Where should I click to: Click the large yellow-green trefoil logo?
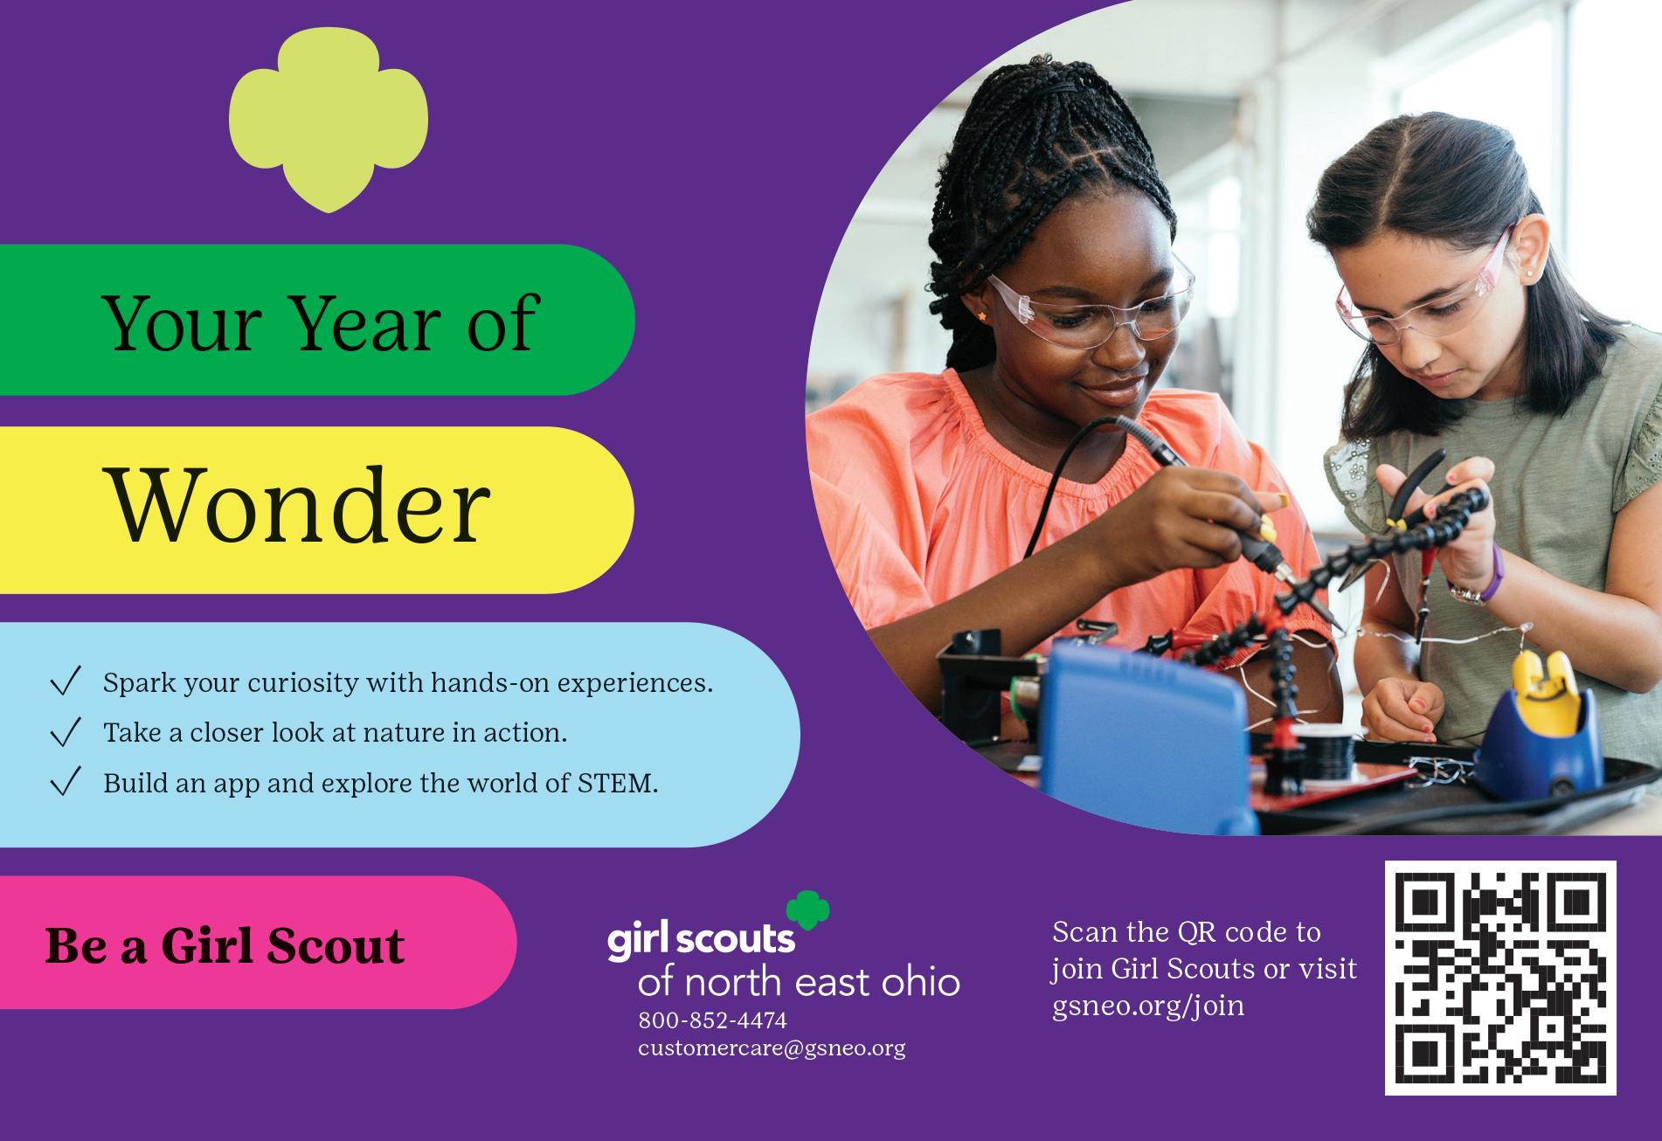click(329, 122)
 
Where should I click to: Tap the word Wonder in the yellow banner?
click(297, 508)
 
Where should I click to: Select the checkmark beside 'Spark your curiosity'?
click(66, 681)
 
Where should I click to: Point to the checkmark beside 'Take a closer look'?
click(66, 731)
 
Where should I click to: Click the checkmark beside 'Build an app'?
click(66, 781)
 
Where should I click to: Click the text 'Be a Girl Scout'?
click(225, 945)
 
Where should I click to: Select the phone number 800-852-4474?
click(712, 1020)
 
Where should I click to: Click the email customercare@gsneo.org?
click(772, 1048)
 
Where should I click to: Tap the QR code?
click(1499, 978)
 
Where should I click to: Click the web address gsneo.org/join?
click(1148, 1006)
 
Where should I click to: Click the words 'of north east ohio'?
click(799, 982)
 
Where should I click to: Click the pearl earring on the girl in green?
click(1530, 272)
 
